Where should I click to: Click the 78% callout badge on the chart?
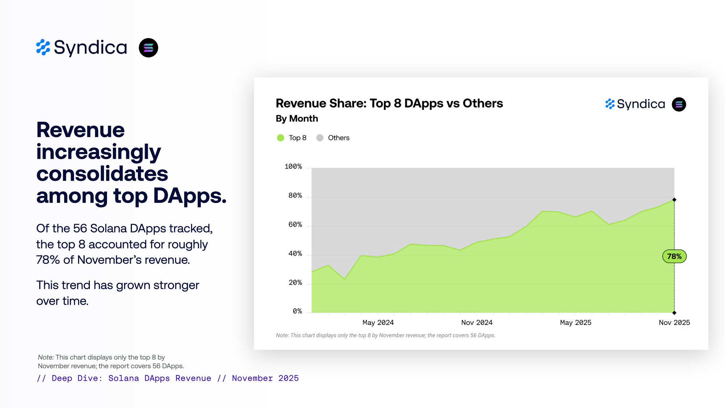pyautogui.click(x=674, y=256)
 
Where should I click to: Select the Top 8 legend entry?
pyautogui.click(x=291, y=138)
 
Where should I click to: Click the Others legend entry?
pyautogui.click(x=333, y=138)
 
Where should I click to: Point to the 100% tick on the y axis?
pyautogui.click(x=293, y=166)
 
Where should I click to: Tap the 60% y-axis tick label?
pyautogui.click(x=295, y=224)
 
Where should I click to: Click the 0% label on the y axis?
pyautogui.click(x=297, y=311)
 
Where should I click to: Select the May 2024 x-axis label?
pyautogui.click(x=378, y=322)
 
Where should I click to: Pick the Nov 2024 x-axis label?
pyautogui.click(x=477, y=322)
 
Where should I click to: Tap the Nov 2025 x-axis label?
pyautogui.click(x=674, y=322)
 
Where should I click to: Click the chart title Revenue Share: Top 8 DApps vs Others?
pyautogui.click(x=389, y=103)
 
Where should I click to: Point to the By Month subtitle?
pyautogui.click(x=297, y=119)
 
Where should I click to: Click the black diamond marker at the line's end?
pyautogui.click(x=674, y=200)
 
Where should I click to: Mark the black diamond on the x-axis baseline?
pyautogui.click(x=674, y=313)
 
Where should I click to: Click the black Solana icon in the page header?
pyautogui.click(x=149, y=48)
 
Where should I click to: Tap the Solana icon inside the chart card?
pyautogui.click(x=679, y=104)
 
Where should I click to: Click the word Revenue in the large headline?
pyautogui.click(x=80, y=130)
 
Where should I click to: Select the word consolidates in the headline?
pyautogui.click(x=102, y=174)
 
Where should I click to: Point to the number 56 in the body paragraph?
pyautogui.click(x=80, y=228)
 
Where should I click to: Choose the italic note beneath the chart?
pyautogui.click(x=385, y=335)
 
